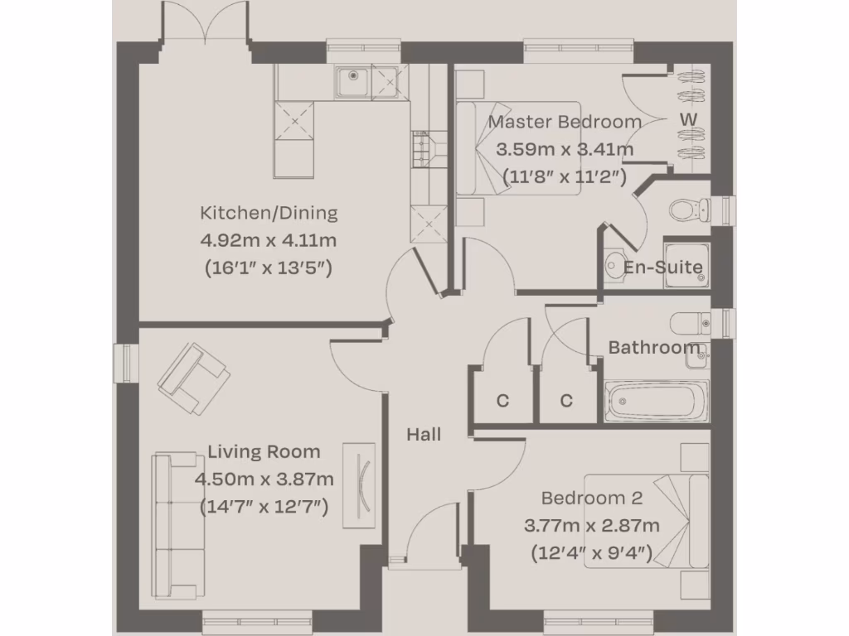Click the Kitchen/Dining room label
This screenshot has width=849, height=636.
(269, 213)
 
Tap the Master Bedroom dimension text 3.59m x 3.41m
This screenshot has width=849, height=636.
(565, 150)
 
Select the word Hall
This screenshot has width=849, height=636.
(424, 434)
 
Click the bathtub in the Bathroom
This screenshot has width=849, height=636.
(657, 402)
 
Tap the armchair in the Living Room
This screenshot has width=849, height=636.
(194, 379)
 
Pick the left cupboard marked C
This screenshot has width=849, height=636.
(502, 401)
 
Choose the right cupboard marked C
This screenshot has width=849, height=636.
(566, 401)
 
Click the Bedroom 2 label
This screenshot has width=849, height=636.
(592, 499)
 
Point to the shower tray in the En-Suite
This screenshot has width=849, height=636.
(686, 264)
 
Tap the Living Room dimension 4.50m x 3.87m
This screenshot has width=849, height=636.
(264, 479)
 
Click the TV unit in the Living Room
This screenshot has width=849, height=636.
(359, 485)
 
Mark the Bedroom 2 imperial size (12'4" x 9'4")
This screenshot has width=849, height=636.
(592, 552)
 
